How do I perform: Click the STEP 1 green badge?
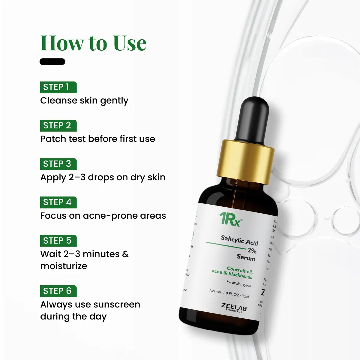tap(58, 87)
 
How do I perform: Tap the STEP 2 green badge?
tap(58, 125)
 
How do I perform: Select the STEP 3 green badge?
tap(58, 164)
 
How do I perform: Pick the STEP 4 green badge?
tap(58, 202)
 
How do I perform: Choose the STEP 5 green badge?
tap(58, 241)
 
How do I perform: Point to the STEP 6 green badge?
tap(58, 291)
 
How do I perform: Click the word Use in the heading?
tap(130, 43)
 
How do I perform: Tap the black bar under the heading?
tap(52, 62)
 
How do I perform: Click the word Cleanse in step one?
tap(54, 100)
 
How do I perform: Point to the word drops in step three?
tap(100, 178)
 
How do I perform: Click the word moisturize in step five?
tap(64, 266)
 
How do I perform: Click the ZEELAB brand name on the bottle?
tap(234, 307)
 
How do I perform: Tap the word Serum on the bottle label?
tap(246, 257)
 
